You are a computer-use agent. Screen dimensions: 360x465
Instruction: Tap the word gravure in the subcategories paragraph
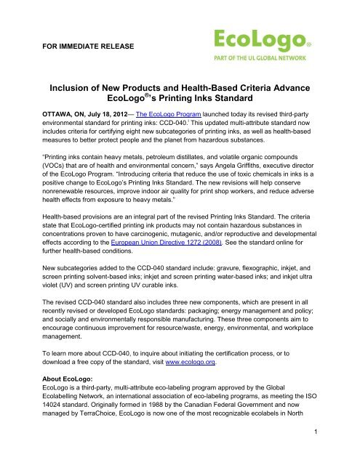tap(252, 288)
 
